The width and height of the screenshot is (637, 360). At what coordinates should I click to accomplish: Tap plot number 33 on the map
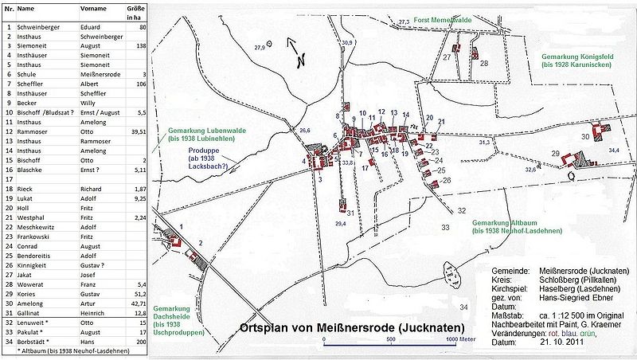[445, 227]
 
